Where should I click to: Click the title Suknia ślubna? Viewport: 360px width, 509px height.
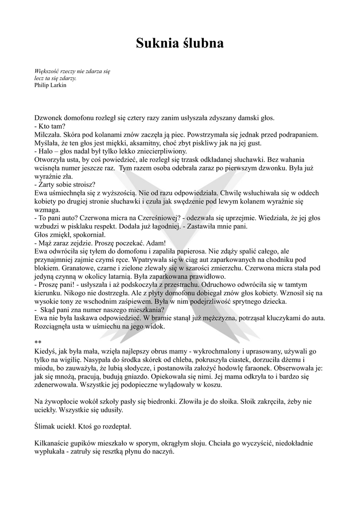tap(180, 44)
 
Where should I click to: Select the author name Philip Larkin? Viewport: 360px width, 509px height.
tap(50, 85)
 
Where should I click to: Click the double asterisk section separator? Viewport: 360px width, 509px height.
tap(38, 342)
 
